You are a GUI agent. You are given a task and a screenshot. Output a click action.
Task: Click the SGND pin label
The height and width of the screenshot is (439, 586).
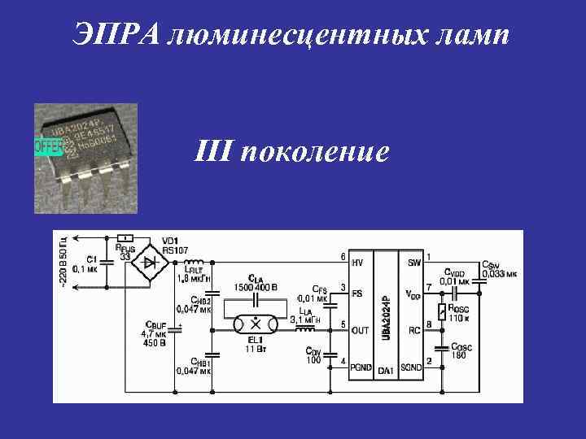pos(411,367)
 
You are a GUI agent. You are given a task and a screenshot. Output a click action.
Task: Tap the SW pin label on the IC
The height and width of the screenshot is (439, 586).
pos(414,263)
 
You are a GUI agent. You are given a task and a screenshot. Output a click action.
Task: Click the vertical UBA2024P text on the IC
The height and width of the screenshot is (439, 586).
pos(387,313)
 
